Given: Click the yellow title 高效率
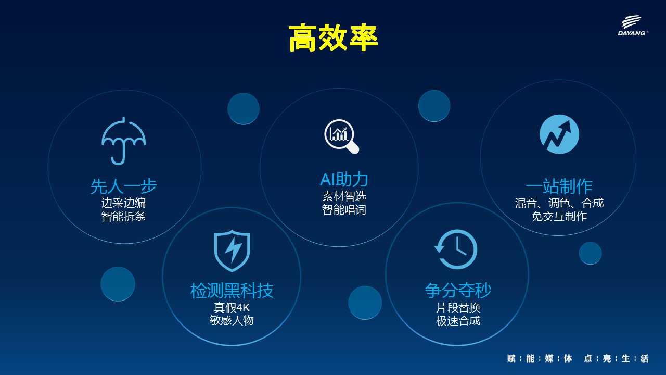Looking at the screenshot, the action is click(333, 38).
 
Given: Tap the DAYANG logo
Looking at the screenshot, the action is click(632, 26).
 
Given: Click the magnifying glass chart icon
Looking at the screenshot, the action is click(341, 136).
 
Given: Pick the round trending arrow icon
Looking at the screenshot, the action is click(559, 134).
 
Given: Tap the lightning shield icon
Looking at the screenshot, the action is click(232, 251).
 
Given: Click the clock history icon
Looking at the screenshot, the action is click(456, 249).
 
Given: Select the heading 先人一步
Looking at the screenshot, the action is click(123, 186).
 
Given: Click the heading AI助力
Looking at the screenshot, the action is click(344, 179).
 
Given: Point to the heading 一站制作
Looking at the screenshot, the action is click(559, 186).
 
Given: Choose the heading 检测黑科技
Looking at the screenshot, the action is click(232, 291).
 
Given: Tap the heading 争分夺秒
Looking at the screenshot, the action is click(458, 290).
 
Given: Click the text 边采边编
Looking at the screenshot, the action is click(123, 203).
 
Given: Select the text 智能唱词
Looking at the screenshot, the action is click(344, 210).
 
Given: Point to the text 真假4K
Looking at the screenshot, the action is click(232, 307).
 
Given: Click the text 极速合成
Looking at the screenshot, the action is click(458, 321).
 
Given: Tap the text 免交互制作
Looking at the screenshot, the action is click(559, 216).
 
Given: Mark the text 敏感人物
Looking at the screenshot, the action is click(232, 320).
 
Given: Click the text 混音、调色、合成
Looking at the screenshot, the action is click(559, 203).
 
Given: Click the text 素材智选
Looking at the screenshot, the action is click(344, 196).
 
